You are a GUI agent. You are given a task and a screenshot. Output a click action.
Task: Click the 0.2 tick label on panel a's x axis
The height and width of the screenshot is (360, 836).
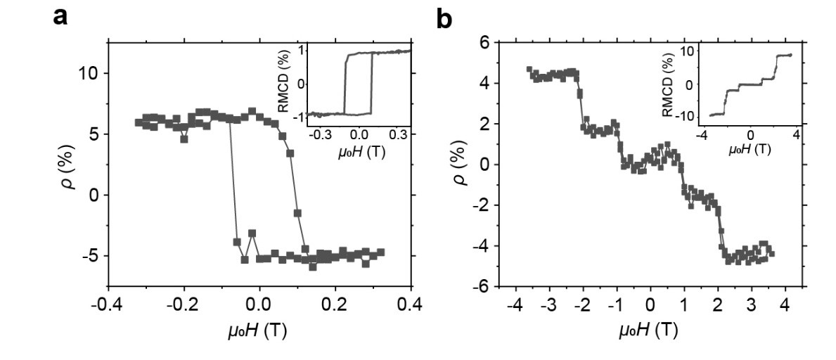point(335,304)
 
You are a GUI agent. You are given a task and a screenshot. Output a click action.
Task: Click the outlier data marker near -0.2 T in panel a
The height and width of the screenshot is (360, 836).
point(184,139)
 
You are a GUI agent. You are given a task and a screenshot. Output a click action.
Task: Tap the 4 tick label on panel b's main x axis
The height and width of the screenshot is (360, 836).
point(785,304)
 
